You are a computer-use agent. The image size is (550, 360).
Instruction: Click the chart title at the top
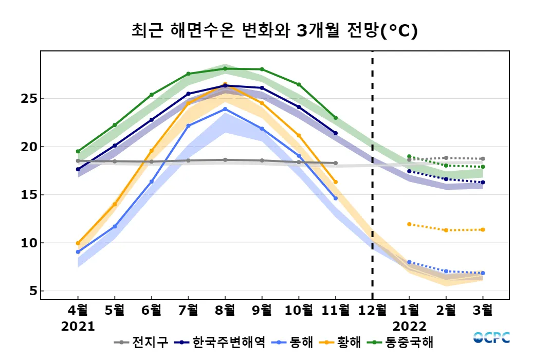pyautogui.click(x=274, y=31)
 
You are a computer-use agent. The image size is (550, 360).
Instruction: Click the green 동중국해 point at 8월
pyautogui.click(x=225, y=68)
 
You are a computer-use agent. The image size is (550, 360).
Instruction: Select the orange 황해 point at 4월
pyautogui.click(x=78, y=243)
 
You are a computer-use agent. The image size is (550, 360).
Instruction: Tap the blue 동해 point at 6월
pyautogui.click(x=152, y=182)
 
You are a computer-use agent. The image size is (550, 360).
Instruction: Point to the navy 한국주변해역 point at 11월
pyautogui.click(x=336, y=133)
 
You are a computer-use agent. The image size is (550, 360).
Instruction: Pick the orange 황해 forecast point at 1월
pyautogui.click(x=409, y=224)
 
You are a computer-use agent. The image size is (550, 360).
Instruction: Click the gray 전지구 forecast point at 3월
pyautogui.click(x=483, y=159)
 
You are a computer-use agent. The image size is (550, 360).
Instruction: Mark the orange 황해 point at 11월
pyautogui.click(x=336, y=182)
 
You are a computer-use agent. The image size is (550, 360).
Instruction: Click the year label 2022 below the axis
pyautogui.click(x=409, y=327)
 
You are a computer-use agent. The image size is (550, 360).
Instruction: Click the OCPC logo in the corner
pyautogui.click(x=491, y=338)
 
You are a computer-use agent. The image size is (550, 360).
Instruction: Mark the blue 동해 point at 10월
pyautogui.click(x=299, y=156)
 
